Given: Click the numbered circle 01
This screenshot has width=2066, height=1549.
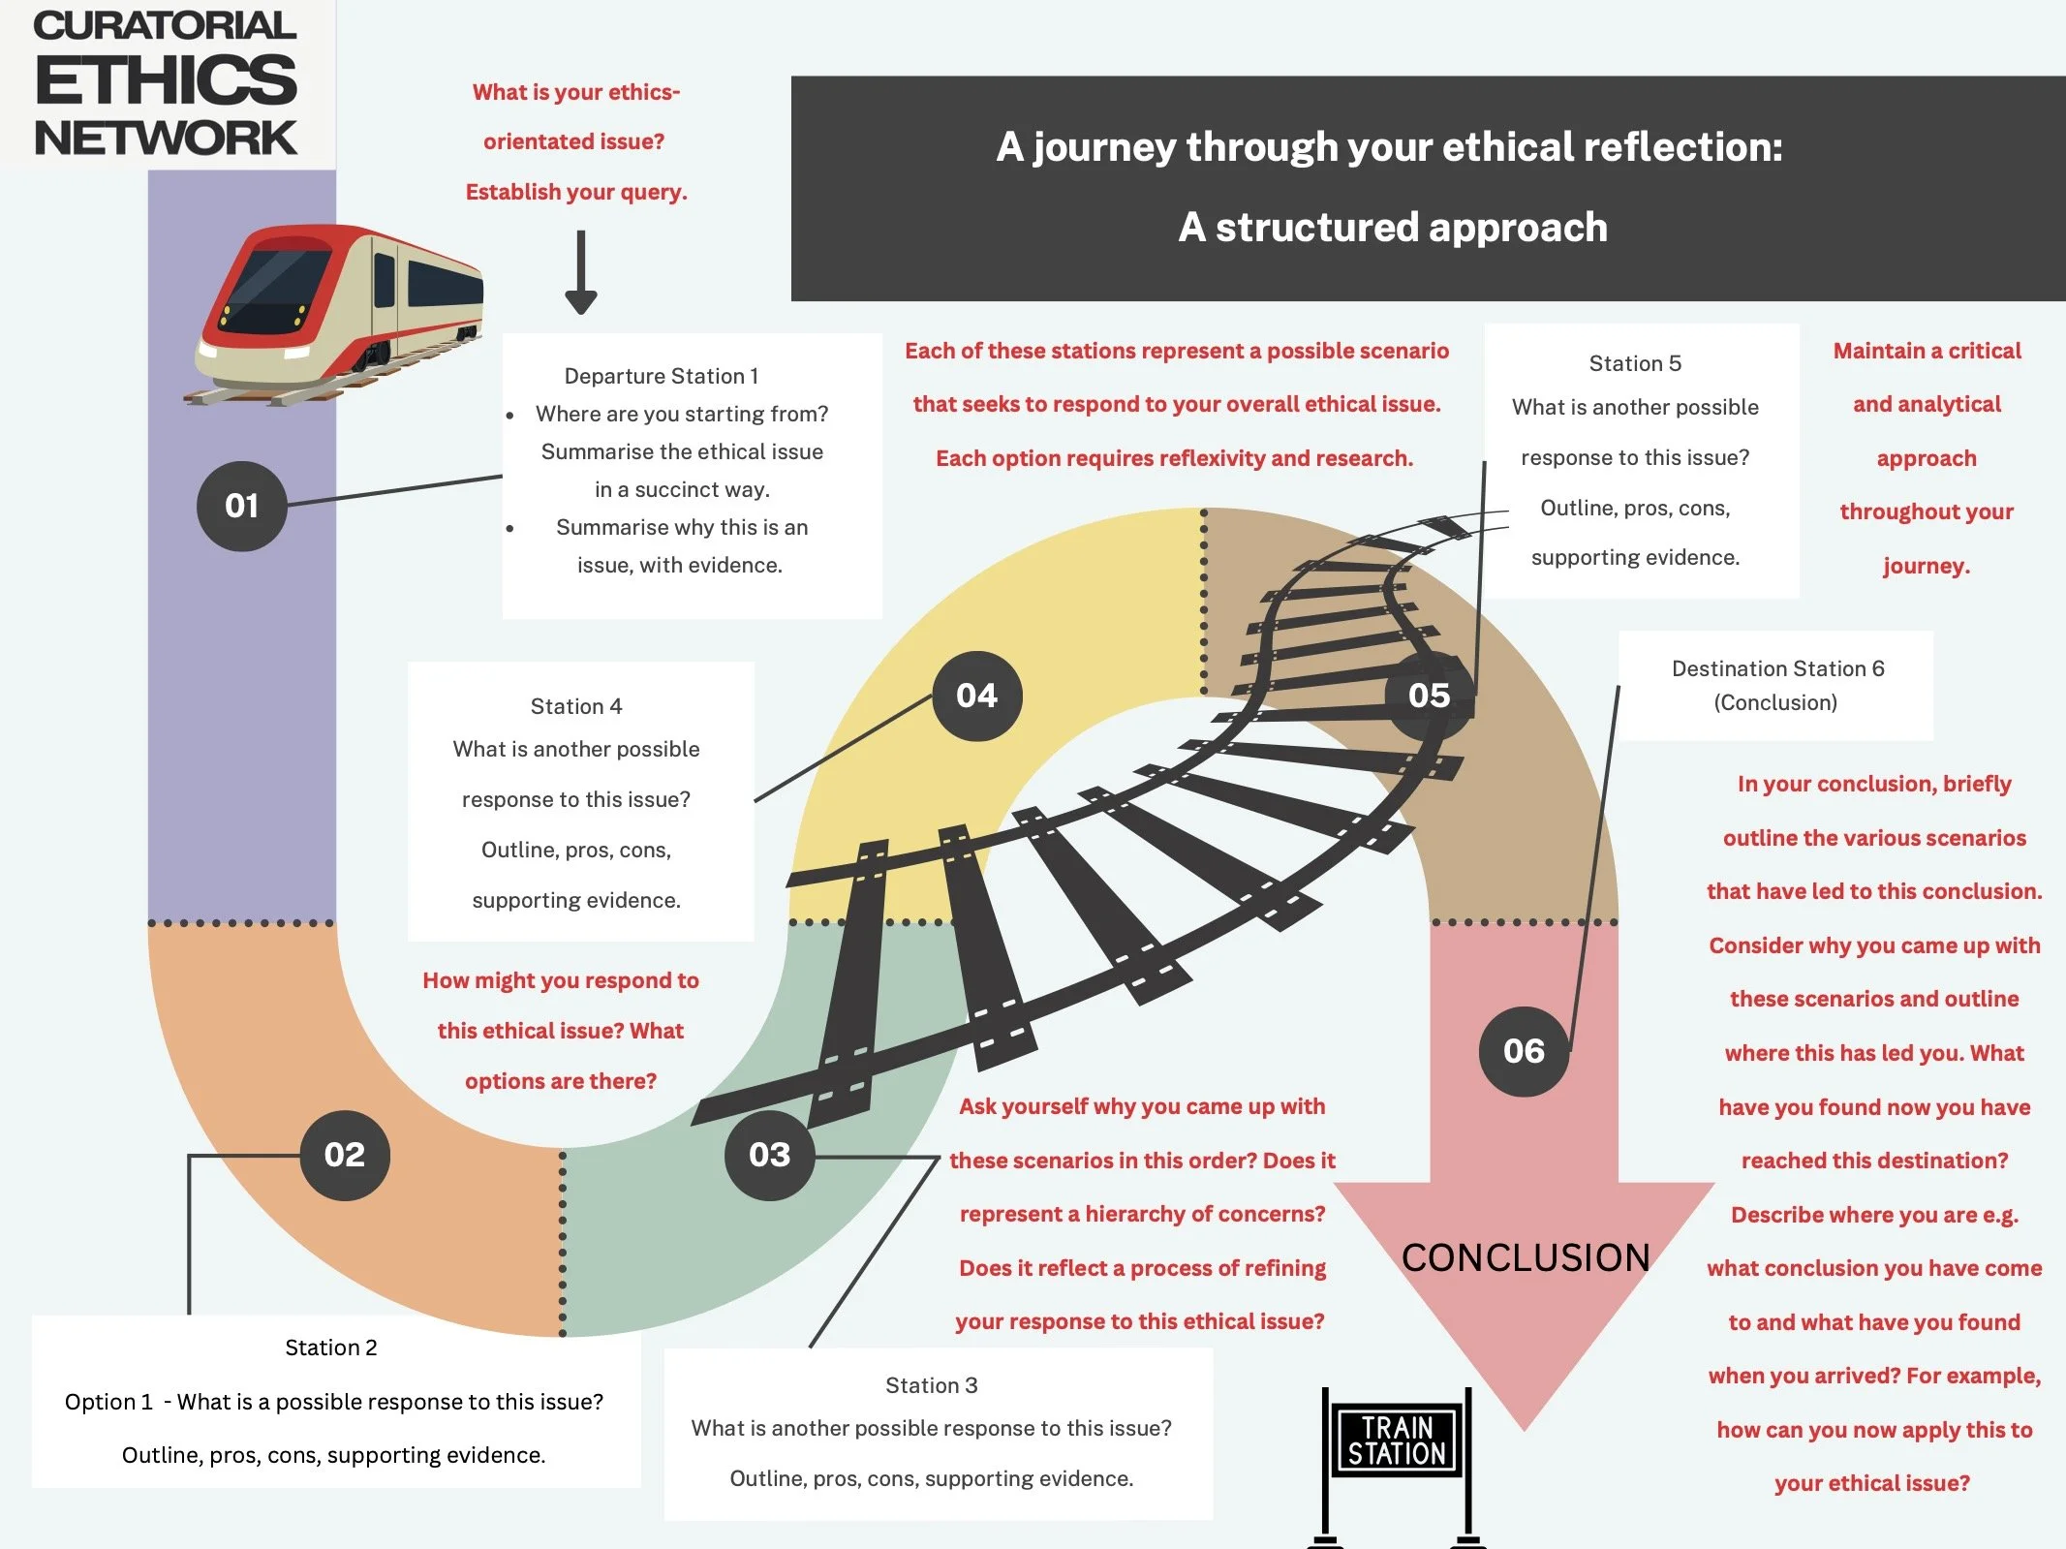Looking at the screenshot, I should tap(241, 506).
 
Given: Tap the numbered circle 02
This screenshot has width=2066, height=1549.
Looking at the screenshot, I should tap(345, 1155).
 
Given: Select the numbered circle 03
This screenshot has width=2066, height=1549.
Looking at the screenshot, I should tap(769, 1155).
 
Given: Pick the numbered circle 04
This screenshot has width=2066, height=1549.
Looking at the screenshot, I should tap(976, 696).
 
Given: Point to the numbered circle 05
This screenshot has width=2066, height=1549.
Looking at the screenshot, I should tap(1429, 696).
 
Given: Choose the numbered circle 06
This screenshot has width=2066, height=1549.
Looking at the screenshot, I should tap(1524, 1051).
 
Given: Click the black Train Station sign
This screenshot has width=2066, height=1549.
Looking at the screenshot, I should tap(1397, 1441).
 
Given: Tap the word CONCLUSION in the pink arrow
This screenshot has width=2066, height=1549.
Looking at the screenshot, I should tap(1526, 1257).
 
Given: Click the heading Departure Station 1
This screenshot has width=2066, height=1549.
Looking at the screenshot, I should tap(662, 376).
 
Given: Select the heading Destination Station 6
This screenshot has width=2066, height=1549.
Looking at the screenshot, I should tap(1777, 668).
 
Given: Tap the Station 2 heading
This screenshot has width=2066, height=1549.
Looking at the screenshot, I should tap(331, 1348).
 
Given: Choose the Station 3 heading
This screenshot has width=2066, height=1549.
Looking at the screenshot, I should tap(932, 1385).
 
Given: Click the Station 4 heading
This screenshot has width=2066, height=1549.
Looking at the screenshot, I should tap(576, 706).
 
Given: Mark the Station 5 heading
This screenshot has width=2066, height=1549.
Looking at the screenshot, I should tap(1635, 363).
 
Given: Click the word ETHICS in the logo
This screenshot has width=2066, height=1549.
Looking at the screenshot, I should tap(166, 80).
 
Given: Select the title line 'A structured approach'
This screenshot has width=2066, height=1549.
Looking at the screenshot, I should tap(1393, 228).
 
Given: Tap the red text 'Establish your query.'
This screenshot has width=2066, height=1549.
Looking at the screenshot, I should tap(576, 192).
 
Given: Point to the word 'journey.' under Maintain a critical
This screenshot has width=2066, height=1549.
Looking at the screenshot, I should tap(1927, 566).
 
